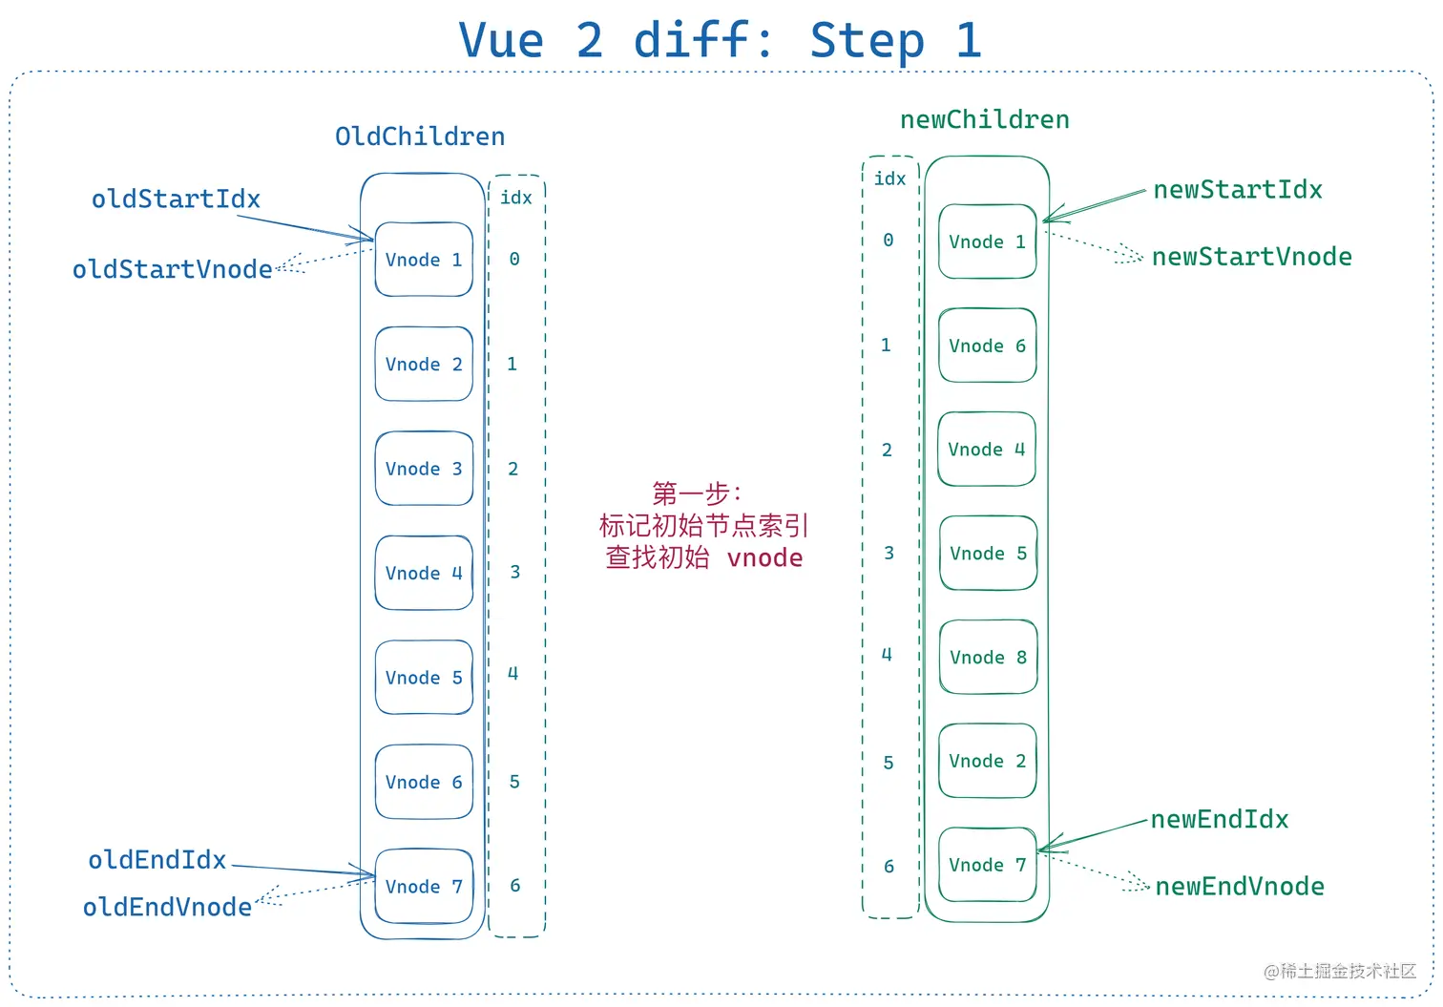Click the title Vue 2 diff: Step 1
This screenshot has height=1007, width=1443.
(721, 41)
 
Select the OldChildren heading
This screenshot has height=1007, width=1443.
(420, 136)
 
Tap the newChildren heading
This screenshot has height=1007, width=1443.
(984, 119)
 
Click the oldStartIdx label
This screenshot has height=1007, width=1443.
(176, 199)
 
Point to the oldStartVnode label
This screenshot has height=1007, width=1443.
(172, 269)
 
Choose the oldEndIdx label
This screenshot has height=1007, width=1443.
(157, 860)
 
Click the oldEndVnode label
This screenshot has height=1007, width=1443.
(167, 907)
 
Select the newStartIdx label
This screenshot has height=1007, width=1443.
(1238, 190)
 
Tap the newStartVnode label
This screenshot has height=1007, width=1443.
(1251, 257)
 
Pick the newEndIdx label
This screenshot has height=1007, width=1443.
(1220, 819)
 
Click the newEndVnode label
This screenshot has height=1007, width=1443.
(1240, 887)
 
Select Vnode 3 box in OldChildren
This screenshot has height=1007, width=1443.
(424, 469)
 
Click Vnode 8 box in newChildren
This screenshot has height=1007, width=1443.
(988, 657)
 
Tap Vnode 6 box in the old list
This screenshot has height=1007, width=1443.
(424, 782)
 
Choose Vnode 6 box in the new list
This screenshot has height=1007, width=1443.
(987, 346)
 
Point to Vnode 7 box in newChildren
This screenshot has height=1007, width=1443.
(987, 865)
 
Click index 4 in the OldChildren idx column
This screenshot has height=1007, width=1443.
(513, 674)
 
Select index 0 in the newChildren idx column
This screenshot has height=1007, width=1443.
(889, 241)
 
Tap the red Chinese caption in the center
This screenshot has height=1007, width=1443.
(704, 526)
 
